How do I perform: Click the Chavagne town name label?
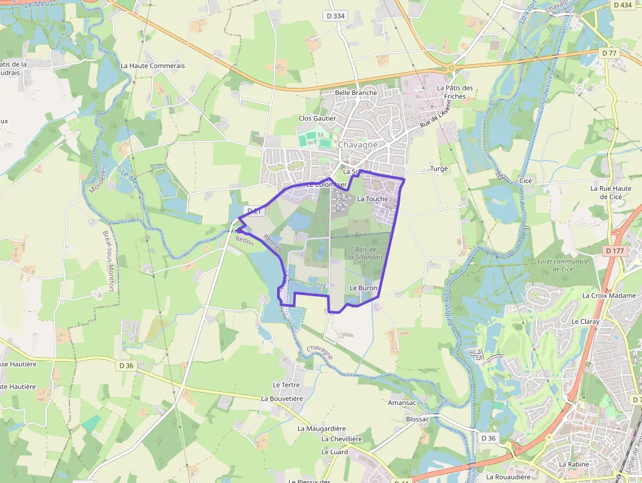[x=358, y=144]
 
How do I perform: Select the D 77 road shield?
[x=609, y=53]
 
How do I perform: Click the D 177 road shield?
[x=615, y=250]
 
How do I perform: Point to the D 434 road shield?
[x=622, y=5]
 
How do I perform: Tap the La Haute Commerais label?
[x=153, y=66]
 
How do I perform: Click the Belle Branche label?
[x=356, y=92]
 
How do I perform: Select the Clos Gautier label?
[x=317, y=118]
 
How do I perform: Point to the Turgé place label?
[x=439, y=168]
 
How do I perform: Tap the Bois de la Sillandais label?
[x=366, y=253]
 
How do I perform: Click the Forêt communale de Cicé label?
[x=561, y=265]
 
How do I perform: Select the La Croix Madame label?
[x=609, y=296]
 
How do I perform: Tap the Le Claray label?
[x=585, y=321]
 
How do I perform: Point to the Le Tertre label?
[x=286, y=385]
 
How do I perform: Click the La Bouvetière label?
[x=282, y=398]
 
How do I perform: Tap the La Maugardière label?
[x=321, y=428]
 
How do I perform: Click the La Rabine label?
[x=573, y=464]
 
